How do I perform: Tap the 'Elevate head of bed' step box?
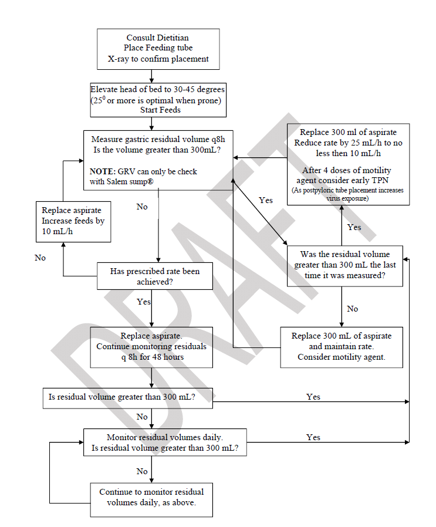click(x=157, y=99)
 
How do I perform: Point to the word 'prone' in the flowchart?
click(x=210, y=99)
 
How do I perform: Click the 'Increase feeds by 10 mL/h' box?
click(x=73, y=221)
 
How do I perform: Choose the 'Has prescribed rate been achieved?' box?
click(x=154, y=276)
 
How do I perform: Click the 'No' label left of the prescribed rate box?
click(x=40, y=258)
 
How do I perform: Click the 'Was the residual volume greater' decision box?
click(x=344, y=265)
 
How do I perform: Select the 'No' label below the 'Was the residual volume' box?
click(x=352, y=309)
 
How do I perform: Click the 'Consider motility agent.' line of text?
click(x=341, y=357)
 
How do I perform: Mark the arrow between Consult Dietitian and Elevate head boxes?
click(x=152, y=75)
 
